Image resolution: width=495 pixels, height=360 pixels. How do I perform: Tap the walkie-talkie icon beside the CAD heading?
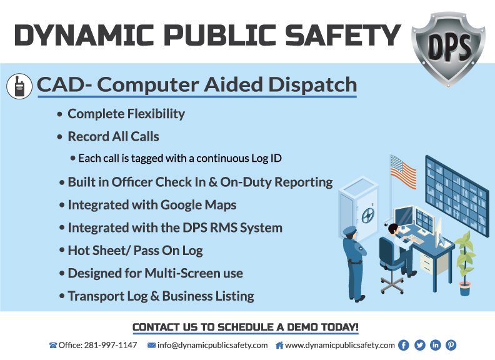click(19, 86)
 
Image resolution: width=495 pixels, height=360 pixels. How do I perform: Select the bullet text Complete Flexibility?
click(126, 114)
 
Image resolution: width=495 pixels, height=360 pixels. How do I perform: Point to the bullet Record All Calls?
click(113, 136)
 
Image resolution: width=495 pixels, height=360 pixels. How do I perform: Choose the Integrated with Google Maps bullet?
click(152, 204)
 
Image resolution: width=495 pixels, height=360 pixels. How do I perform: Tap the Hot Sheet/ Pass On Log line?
click(135, 250)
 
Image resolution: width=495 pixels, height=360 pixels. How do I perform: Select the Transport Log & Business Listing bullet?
click(161, 296)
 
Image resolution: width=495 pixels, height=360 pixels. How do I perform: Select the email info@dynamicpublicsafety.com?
click(212, 345)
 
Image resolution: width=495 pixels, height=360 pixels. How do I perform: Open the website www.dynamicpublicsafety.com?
click(339, 345)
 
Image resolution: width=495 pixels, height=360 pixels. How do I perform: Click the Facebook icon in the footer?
click(403, 345)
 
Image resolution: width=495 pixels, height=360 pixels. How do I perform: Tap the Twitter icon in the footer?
click(419, 345)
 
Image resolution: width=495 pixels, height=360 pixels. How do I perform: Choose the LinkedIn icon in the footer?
click(435, 345)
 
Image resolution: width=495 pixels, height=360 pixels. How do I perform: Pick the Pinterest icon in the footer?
click(451, 345)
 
